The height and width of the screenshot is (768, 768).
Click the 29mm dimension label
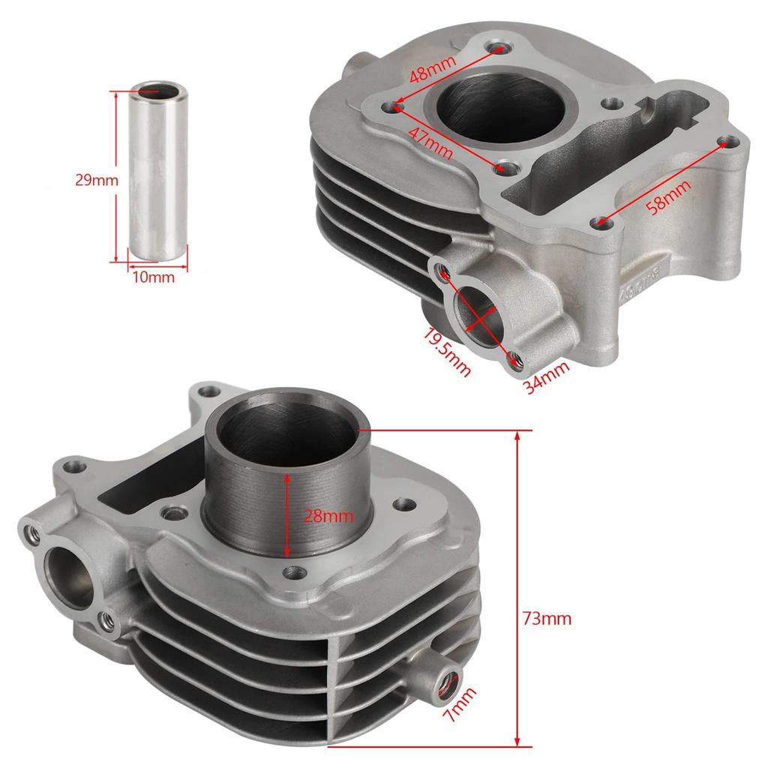pyautogui.click(x=96, y=180)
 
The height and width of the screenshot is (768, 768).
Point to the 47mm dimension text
pyautogui.click(x=431, y=142)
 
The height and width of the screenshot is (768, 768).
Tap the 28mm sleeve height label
pyautogui.click(x=328, y=516)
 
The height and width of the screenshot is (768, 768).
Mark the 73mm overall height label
pyautogui.click(x=547, y=619)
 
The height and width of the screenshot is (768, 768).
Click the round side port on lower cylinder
pyautogui.click(x=70, y=574)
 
